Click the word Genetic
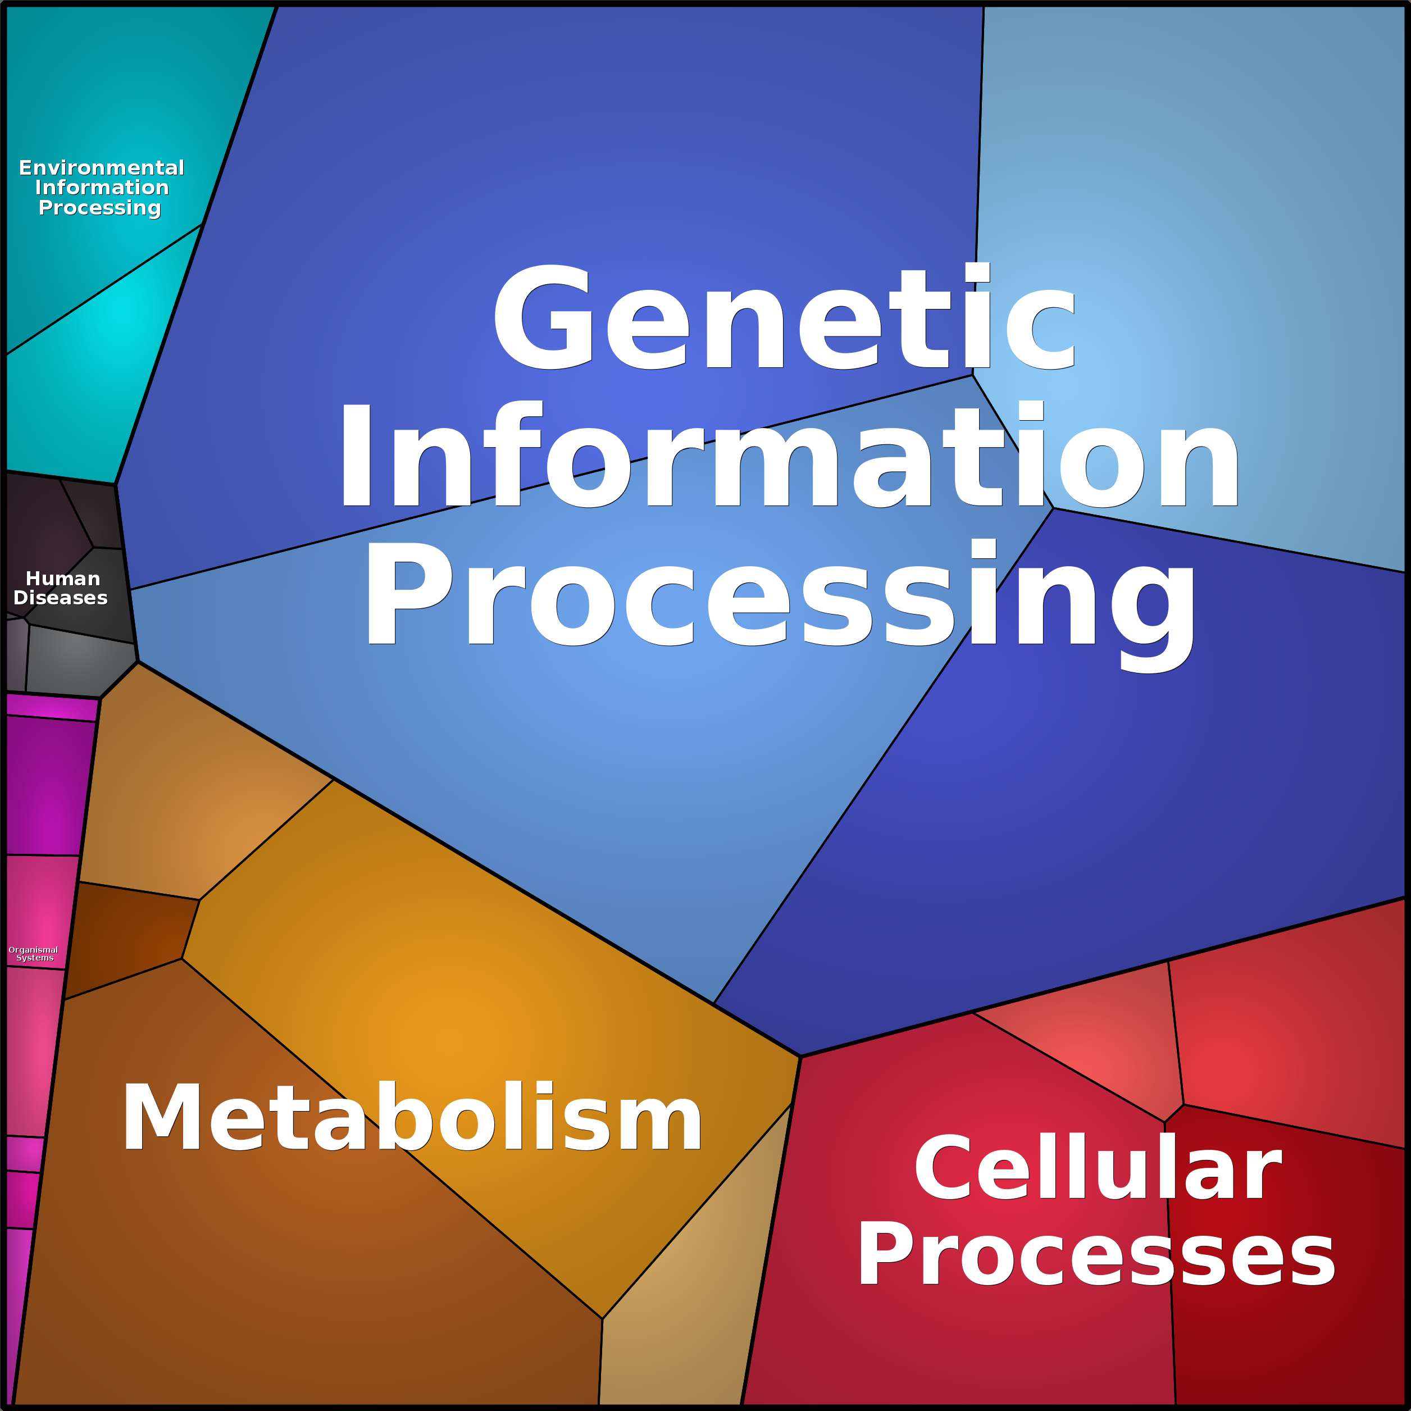pyautogui.click(x=785, y=317)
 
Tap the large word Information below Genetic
pyautogui.click(x=789, y=454)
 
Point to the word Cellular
pyautogui.click(x=1098, y=1168)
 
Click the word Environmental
pyautogui.click(x=102, y=168)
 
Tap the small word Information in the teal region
pyautogui.click(x=102, y=188)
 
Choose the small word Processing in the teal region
pyautogui.click(x=100, y=208)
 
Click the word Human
pyautogui.click(x=63, y=579)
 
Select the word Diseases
pyautogui.click(x=61, y=598)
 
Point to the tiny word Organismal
pyautogui.click(x=34, y=949)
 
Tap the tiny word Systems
pyautogui.click(x=35, y=958)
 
